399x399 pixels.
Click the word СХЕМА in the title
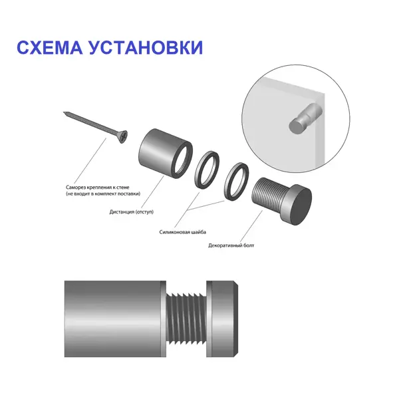[50, 47]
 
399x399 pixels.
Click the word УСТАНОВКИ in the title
[146, 47]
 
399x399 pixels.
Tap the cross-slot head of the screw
[123, 137]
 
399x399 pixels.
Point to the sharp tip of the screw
[64, 112]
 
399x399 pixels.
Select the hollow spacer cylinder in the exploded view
[165, 154]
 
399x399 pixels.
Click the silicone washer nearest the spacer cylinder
[207, 170]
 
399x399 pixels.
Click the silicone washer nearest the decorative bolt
[236, 182]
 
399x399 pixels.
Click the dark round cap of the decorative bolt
[302, 207]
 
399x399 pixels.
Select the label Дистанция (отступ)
[132, 211]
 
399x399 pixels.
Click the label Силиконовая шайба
[183, 232]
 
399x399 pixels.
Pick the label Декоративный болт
[231, 245]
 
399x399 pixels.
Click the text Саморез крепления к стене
[98, 188]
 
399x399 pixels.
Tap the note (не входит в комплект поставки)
[103, 194]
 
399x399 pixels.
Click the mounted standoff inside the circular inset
[305, 119]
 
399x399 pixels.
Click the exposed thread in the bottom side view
[186, 319]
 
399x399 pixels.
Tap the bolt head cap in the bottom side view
[222, 319]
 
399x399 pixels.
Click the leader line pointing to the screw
[90, 160]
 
